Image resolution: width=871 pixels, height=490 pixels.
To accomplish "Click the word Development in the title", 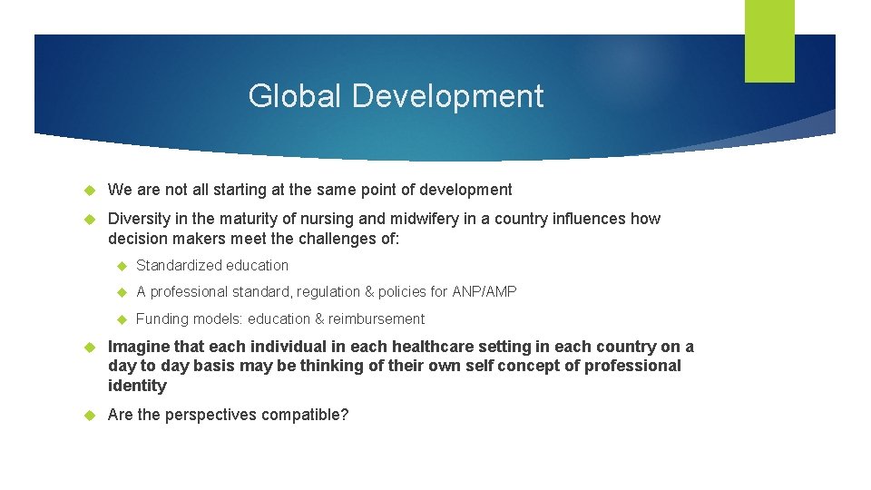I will click(448, 96).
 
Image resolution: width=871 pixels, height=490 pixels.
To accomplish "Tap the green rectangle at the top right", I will click(769, 41).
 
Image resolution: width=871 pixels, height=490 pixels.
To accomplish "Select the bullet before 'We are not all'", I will click(90, 191).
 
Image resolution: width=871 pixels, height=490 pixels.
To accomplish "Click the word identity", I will click(137, 387).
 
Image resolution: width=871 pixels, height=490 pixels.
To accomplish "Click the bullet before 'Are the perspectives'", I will click(90, 416).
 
